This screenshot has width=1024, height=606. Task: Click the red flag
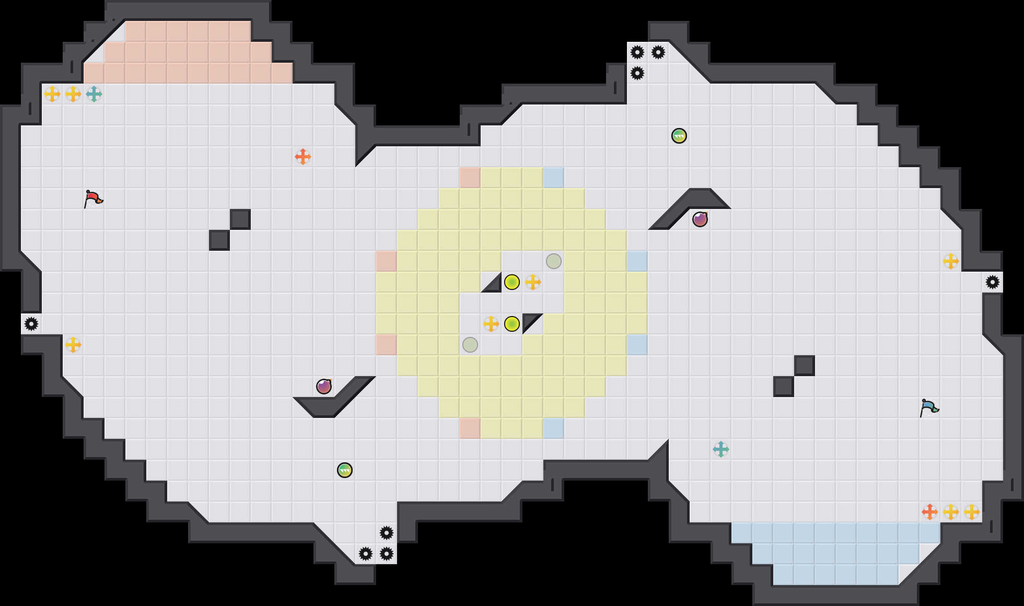tap(93, 199)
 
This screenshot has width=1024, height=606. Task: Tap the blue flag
tap(929, 407)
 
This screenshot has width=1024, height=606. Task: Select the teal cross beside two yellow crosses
tap(94, 94)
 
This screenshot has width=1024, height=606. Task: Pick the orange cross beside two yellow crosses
tap(930, 512)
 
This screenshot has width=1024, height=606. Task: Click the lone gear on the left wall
tap(31, 324)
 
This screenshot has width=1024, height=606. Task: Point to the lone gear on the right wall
tap(993, 282)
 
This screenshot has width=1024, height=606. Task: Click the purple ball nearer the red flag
tap(324, 387)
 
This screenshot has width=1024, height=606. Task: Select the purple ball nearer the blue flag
tap(700, 219)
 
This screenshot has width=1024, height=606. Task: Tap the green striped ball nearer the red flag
tap(345, 470)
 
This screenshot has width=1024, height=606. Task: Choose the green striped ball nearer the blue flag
tap(679, 136)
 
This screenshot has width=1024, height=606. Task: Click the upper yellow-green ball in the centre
tap(512, 282)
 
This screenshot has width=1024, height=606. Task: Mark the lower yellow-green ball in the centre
tap(512, 324)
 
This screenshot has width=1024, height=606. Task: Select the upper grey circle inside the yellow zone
tap(554, 261)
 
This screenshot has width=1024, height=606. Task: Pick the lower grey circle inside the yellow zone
tap(470, 345)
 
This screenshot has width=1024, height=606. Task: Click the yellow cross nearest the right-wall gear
tap(951, 261)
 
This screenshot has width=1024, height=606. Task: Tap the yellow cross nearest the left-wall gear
tap(73, 345)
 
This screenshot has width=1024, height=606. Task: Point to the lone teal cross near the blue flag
tap(721, 449)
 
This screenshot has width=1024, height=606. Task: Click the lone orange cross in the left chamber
tap(303, 157)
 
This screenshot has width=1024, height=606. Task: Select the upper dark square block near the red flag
tap(240, 219)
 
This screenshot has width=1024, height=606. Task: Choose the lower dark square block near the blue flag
tap(784, 387)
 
